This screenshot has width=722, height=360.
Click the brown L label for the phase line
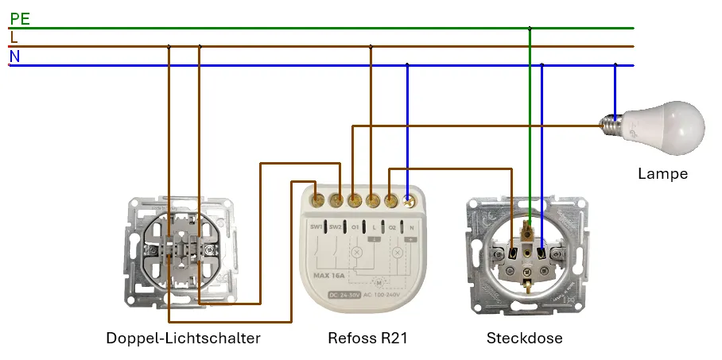[x=14, y=37]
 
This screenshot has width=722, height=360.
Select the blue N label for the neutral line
[x=14, y=56]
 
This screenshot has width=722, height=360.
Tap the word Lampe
[x=662, y=173]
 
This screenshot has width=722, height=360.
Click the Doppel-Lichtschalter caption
[x=183, y=339]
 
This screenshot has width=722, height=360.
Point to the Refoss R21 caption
[x=367, y=339]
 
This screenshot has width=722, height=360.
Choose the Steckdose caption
[x=524, y=339]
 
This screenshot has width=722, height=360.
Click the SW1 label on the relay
[x=316, y=227]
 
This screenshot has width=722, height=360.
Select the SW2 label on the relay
[x=336, y=227]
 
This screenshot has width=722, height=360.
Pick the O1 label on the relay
[x=355, y=227]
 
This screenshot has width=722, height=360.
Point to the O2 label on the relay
[x=392, y=227]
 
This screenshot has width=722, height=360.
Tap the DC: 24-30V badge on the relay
[x=345, y=294]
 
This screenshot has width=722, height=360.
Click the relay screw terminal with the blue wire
[x=410, y=201]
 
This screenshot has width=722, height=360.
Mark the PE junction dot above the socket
[x=530, y=28]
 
